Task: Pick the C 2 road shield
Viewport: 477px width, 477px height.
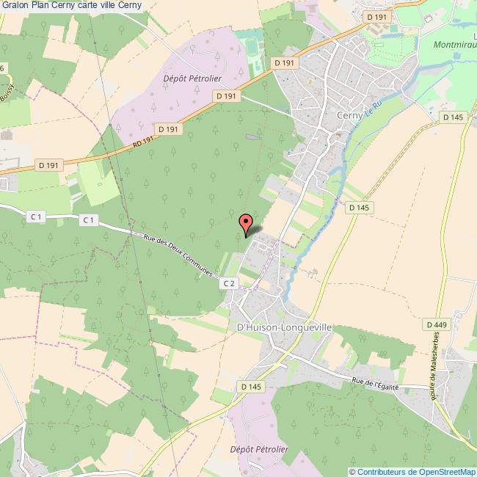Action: tap(229, 283)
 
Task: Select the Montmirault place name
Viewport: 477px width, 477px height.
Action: tap(455, 44)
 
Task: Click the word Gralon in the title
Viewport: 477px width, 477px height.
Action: tap(15, 6)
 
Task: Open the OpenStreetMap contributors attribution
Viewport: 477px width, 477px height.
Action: tap(412, 471)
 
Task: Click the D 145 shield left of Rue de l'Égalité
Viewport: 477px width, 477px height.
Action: tap(250, 386)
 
